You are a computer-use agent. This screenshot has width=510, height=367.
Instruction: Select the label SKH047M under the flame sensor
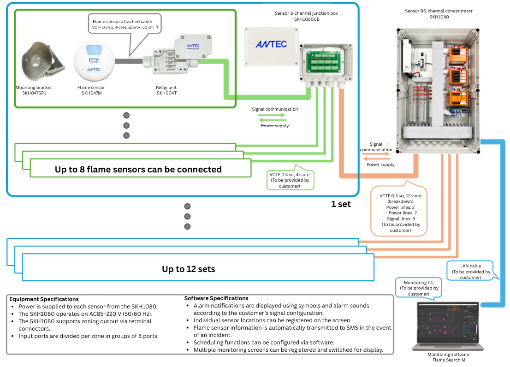tap(91, 93)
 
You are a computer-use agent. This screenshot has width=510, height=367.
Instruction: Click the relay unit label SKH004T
tap(166, 93)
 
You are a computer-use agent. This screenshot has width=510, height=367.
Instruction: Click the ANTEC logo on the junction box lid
tap(271, 44)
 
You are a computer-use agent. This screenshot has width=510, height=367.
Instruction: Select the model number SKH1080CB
tap(306, 20)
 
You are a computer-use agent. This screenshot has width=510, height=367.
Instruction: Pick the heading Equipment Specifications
tap(44, 299)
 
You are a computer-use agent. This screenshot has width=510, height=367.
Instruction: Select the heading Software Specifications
tap(216, 298)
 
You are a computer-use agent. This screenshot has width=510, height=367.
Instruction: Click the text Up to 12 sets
tap(188, 269)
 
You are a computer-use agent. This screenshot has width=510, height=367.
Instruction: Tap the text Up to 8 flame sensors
tap(138, 169)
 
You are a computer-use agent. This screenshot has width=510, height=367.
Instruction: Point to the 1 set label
tap(341, 204)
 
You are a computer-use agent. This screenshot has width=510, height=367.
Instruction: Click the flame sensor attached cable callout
tap(125, 24)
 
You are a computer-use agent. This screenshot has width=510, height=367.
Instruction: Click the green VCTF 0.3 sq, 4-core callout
tap(290, 180)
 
